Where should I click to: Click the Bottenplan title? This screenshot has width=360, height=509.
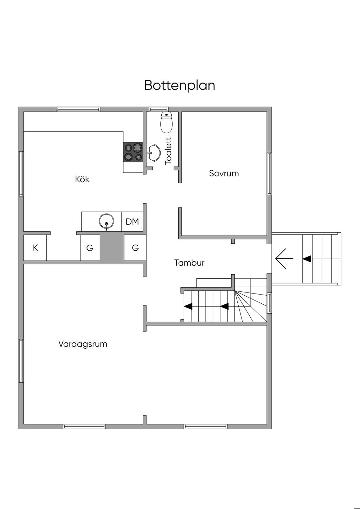[180, 85]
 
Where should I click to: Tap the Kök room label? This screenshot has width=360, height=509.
[82, 179]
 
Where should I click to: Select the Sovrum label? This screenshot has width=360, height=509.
[224, 173]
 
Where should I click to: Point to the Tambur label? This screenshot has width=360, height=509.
[189, 263]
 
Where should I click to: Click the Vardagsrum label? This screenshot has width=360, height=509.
[83, 344]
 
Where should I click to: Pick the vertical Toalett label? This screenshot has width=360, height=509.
[168, 151]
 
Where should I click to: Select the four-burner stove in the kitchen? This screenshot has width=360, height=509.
[133, 152]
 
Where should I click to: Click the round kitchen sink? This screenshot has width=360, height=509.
[107, 222]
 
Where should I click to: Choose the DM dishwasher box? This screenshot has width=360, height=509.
[132, 222]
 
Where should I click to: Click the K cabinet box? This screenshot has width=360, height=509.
[35, 248]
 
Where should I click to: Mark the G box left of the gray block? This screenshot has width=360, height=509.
[90, 248]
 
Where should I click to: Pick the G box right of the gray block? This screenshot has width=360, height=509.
[135, 248]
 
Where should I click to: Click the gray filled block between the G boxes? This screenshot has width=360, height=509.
[112, 248]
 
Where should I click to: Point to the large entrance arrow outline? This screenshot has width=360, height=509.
[284, 259]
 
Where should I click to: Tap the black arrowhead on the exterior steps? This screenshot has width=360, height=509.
[307, 259]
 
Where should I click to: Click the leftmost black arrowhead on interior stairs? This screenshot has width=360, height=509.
[188, 306]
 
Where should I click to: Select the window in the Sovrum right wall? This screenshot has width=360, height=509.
[269, 173]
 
